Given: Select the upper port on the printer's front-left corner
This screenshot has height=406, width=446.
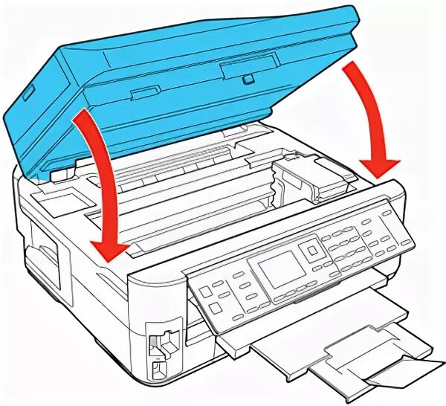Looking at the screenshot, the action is [158, 343].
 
